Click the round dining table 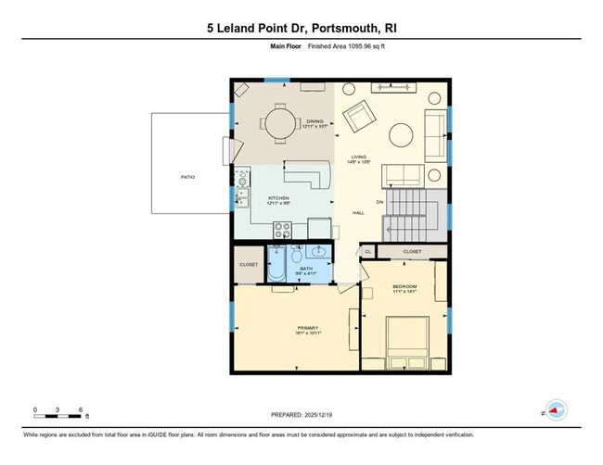coord(277,123)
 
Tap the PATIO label coord(187,176)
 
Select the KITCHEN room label coord(279,199)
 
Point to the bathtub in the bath coord(277,265)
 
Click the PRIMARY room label coord(308,327)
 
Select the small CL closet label coord(367,251)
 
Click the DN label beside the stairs coord(378,202)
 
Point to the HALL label coord(356,212)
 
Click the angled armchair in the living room coord(359,117)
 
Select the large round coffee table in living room coord(401,135)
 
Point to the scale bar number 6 coord(81,409)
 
